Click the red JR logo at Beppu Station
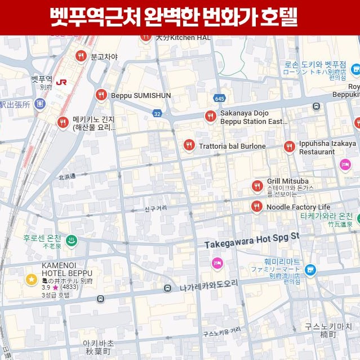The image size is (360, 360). coord(62,82)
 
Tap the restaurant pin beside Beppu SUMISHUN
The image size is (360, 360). coord(101,95)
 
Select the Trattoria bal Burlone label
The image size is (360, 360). coord(232,146)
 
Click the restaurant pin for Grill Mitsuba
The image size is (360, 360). coord(257,185)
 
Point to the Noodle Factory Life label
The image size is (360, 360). coord(298,207)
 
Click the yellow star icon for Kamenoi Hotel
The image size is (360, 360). coord(31,279)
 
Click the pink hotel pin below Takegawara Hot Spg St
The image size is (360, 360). coord(217,263)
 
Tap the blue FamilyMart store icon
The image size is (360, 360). coord(309,270)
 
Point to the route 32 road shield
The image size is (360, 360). coord(157,114)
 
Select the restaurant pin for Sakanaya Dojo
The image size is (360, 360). coord(210,117)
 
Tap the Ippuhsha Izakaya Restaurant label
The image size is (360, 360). coord(320,148)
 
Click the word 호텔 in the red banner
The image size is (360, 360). coord(279,17)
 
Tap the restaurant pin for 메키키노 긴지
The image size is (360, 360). coord(63,123)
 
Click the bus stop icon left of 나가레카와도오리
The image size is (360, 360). coord(167,288)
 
